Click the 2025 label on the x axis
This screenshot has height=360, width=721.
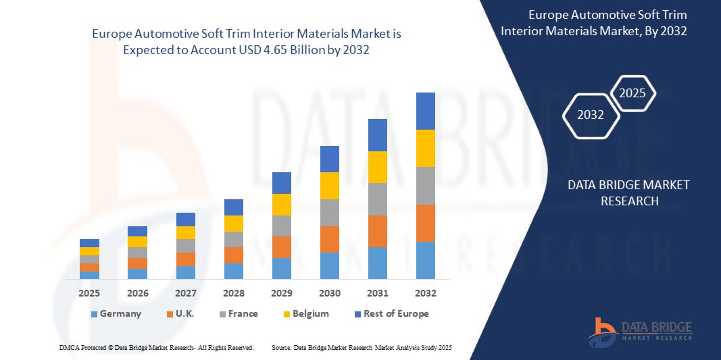tap(89, 293)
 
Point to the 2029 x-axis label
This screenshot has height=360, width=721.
tap(281, 293)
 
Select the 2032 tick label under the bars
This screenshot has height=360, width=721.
tap(426, 293)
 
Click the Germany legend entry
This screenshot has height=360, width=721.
tap(116, 313)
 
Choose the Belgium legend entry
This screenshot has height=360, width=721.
tap(305, 313)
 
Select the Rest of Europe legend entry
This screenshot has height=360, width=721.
tap(391, 313)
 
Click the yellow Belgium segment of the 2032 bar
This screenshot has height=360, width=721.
tap(426, 148)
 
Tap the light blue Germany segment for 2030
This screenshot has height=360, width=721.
tap(329, 265)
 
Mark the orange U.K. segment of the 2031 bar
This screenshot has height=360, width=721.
tap(378, 231)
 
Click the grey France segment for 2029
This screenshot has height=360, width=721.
tap(281, 226)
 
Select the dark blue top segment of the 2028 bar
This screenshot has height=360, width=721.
tap(233, 207)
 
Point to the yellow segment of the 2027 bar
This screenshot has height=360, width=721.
tap(185, 232)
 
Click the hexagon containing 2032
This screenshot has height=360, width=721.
tap(591, 115)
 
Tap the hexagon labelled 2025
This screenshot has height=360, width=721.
tap(632, 93)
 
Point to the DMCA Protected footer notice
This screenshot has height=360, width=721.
tap(156, 347)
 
